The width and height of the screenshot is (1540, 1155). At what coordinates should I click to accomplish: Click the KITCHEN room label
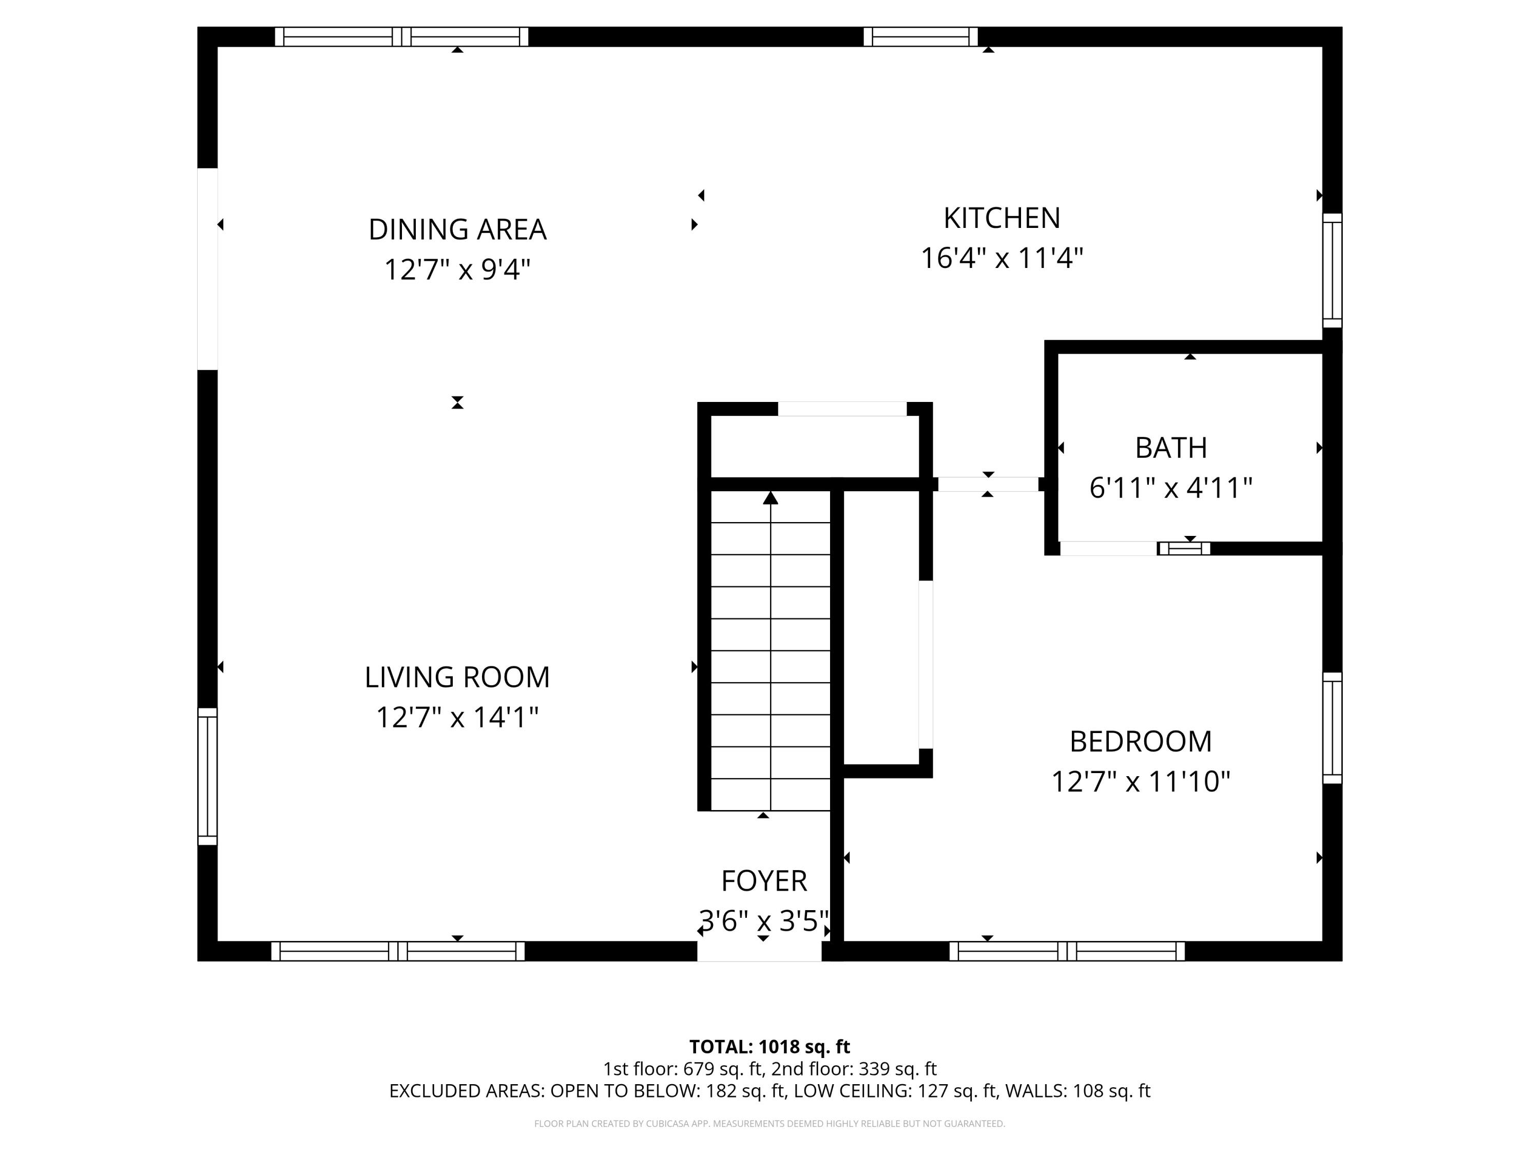point(1001,218)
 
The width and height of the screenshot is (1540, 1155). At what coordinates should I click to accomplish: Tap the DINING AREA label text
point(457,229)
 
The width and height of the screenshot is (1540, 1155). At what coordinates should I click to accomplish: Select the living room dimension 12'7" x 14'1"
point(457,717)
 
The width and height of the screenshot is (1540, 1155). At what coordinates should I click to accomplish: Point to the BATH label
point(1170,448)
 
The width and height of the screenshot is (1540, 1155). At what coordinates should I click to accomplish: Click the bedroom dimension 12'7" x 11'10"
point(1141,781)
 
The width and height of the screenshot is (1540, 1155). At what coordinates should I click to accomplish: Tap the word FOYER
point(764,881)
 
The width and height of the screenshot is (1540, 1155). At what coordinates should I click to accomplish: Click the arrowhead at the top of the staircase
point(770,498)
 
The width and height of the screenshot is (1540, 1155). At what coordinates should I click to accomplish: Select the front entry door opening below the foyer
point(760,951)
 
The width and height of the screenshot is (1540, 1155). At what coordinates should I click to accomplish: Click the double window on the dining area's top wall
point(402,37)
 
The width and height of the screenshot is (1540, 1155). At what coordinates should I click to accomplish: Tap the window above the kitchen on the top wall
point(920,37)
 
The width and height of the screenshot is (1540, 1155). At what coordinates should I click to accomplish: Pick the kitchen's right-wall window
point(1332,270)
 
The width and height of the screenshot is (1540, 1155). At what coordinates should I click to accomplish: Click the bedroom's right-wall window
point(1332,727)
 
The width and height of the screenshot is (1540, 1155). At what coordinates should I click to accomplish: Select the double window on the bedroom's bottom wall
point(1067,951)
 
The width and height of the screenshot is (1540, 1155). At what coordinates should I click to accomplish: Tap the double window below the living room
point(397,951)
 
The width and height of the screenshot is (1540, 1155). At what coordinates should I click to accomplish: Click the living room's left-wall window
point(207,776)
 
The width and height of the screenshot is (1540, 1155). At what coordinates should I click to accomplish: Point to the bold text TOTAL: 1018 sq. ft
point(769,1046)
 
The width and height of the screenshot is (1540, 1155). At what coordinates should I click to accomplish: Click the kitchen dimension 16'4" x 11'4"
point(1001,258)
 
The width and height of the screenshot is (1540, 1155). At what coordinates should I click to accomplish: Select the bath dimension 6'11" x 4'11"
point(1170,487)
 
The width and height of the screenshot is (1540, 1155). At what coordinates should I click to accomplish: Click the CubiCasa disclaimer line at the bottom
point(769,1123)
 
